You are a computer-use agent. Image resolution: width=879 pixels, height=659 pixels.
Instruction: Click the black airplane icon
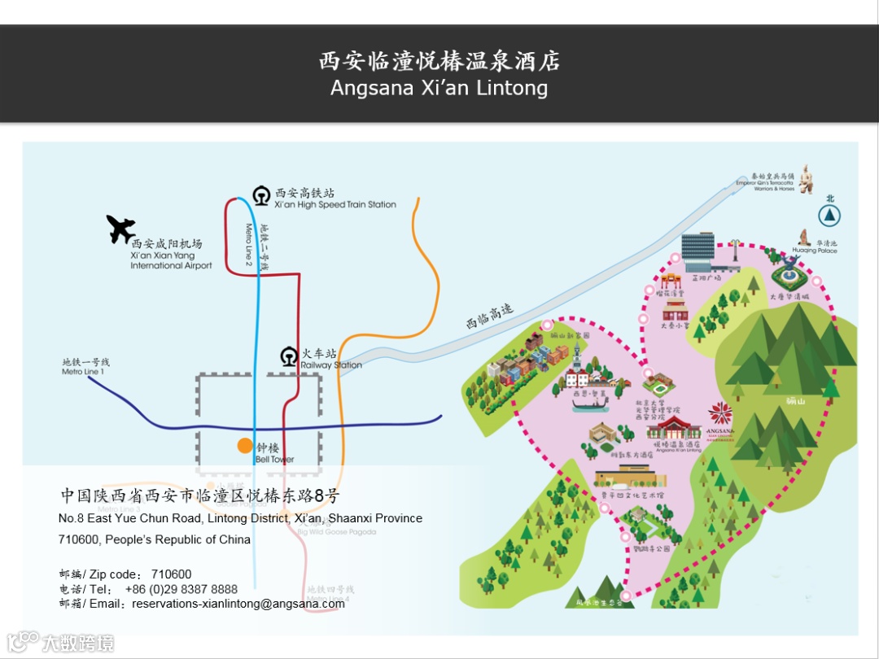pyautogui.click(x=121, y=229)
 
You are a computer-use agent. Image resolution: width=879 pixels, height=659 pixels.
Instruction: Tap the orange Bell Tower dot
pyautogui.click(x=245, y=445)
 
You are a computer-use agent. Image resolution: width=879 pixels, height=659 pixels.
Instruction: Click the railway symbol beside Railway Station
pyautogui.click(x=288, y=356)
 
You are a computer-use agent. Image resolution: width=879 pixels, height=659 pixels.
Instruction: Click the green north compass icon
pyautogui.click(x=829, y=215)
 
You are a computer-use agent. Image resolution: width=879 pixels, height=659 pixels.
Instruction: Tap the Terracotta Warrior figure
pyautogui.click(x=806, y=179)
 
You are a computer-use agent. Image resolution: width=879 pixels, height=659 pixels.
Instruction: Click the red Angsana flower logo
pyautogui.click(x=720, y=412)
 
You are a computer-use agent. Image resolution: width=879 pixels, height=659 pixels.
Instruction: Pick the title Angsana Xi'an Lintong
pyautogui.click(x=439, y=88)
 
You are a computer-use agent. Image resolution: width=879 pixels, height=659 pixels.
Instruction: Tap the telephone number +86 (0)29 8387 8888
pyautogui.click(x=181, y=589)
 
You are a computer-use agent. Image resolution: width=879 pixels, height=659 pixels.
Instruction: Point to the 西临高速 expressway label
pyautogui.click(x=490, y=316)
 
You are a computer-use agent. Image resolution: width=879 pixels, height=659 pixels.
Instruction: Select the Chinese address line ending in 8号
pyautogui.click(x=200, y=495)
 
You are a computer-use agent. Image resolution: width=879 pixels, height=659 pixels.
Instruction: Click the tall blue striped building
pyautogui.click(x=698, y=251)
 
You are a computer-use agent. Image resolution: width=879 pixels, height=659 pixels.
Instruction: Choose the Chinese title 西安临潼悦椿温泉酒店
pyautogui.click(x=439, y=61)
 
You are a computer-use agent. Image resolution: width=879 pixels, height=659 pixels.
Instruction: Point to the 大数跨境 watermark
pyautogui.click(x=77, y=644)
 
